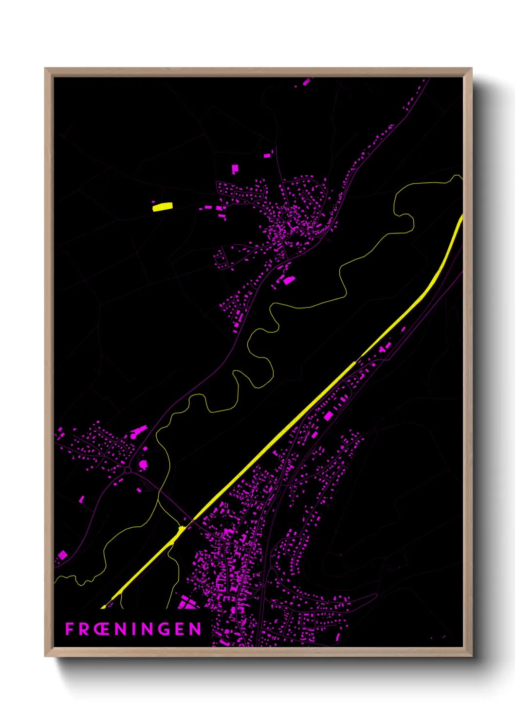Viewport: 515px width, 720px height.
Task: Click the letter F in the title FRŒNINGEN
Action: tap(70, 629)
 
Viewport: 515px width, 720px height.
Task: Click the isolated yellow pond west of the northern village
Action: tap(163, 207)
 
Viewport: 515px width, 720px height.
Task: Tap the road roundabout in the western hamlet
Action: tap(128, 470)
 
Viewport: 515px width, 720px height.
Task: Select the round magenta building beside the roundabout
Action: tap(143, 465)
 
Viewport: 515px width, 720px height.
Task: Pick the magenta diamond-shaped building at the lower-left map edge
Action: tap(62, 555)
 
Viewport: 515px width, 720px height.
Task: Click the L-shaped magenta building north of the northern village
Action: tap(235, 169)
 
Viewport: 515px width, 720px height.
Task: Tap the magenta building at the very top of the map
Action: tap(306, 82)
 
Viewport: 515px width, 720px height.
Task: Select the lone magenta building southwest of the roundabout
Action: tap(81, 499)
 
